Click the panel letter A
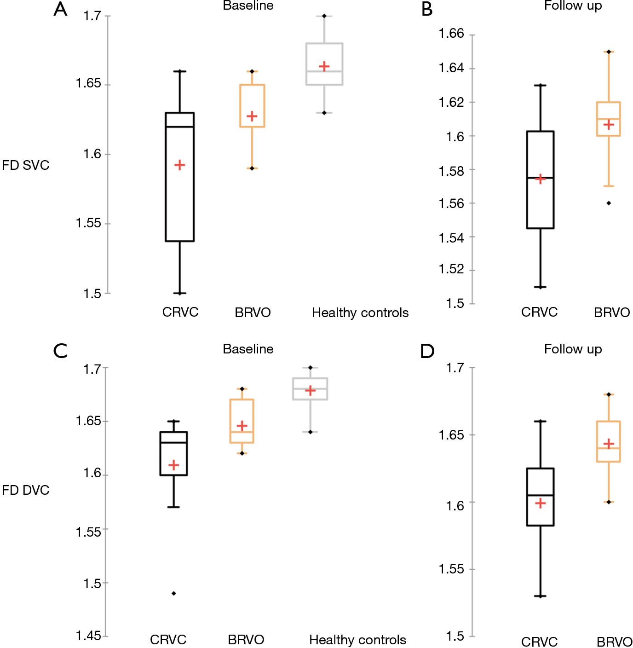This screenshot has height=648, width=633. tap(60, 9)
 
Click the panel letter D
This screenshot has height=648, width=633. tap(427, 352)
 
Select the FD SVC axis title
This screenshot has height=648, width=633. tap(26, 165)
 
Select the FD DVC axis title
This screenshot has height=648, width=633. tap(26, 490)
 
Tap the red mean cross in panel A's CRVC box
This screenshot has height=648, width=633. tap(180, 165)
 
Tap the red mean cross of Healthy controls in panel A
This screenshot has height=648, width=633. tap(324, 67)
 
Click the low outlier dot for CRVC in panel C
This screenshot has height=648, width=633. tap(174, 593)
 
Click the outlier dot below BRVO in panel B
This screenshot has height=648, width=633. tap(609, 203)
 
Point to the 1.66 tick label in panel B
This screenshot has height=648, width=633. tap(451, 34)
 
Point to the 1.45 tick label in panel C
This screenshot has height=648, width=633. tap(88, 636)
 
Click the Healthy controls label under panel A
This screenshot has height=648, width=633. tap(360, 313)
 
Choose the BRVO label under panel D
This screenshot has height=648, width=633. tap(615, 642)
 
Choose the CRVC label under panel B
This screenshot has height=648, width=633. tap(539, 312)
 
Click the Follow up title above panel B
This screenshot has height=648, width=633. tap(573, 6)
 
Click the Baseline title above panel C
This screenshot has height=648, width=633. tap(248, 349)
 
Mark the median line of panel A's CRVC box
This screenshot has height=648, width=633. tap(180, 127)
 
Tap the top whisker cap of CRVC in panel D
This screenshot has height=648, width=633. tap(540, 421)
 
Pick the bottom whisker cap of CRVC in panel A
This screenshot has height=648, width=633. tap(180, 293)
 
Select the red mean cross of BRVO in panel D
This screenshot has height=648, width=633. tap(609, 444)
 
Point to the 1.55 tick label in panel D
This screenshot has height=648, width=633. tap(451, 569)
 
